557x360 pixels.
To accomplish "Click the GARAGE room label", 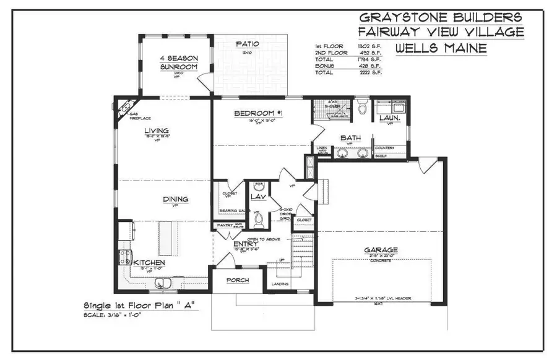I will pyautogui.click(x=381, y=250).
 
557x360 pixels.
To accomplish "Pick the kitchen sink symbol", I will pyautogui.click(x=163, y=283).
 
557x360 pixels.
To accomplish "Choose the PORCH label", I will pyautogui.click(x=237, y=280).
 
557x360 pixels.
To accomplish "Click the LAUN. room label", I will pyautogui.click(x=389, y=117).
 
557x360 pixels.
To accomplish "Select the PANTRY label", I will pyautogui.click(x=225, y=225).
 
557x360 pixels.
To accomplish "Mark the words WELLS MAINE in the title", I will pyautogui.click(x=440, y=48).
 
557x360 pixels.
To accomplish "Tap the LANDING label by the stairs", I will pyautogui.click(x=280, y=285).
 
